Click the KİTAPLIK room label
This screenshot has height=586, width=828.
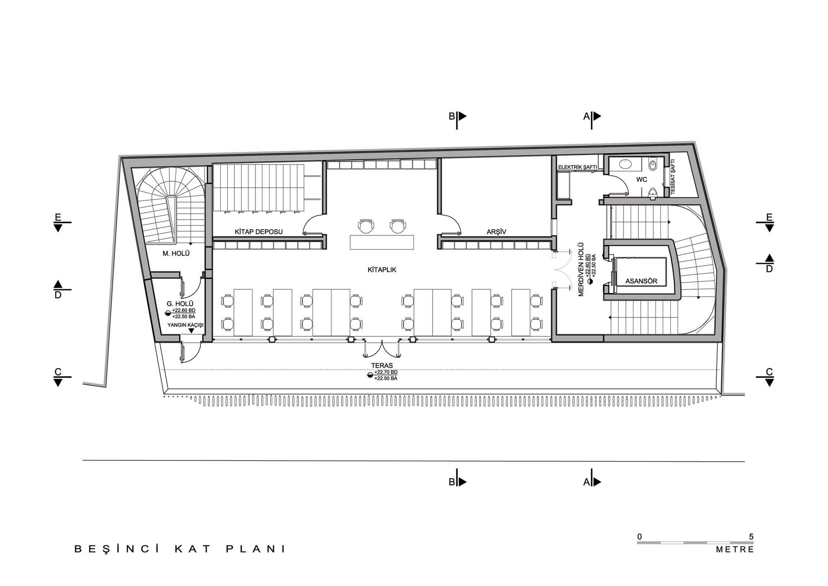coord(382,270)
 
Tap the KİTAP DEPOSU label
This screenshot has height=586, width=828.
coord(259,232)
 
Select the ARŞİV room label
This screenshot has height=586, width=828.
coord(496,232)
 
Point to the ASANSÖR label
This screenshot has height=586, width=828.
coord(641,281)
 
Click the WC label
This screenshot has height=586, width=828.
coord(642,180)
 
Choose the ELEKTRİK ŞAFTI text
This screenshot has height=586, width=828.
coord(577,167)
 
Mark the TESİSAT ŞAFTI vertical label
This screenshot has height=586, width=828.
coord(672,177)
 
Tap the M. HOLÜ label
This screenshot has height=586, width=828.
coord(176,253)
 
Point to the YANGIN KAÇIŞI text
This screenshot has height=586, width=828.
coord(185,325)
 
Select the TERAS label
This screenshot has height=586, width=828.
coord(382,366)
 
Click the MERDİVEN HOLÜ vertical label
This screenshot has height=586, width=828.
coord(581,269)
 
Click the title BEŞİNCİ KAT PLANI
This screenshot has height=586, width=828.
coord(180,549)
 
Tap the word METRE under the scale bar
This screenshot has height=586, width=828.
coord(735,550)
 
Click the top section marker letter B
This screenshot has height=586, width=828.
coord(452,116)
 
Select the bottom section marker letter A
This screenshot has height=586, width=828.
coord(586,482)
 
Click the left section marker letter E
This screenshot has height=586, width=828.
coord(58,217)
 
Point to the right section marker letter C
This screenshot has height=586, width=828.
coord(769,372)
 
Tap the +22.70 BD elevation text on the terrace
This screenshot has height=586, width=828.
coord(385,373)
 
